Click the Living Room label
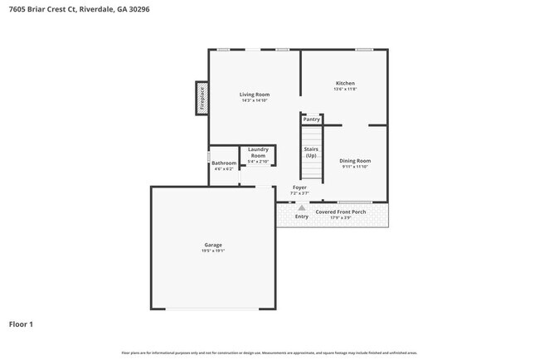click(253, 95)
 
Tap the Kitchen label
click(345, 84)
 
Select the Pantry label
click(311, 119)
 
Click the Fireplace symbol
click(202, 97)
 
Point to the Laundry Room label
click(258, 153)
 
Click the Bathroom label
click(223, 163)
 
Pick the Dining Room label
click(356, 160)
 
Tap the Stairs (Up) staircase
click(311, 153)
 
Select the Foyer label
click(299, 187)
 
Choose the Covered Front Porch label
click(341, 212)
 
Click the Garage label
click(213, 245)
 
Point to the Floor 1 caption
click(22, 324)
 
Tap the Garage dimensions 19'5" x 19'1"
click(213, 251)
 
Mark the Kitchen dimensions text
click(345, 90)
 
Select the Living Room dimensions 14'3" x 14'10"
click(253, 100)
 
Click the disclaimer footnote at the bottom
click(269, 353)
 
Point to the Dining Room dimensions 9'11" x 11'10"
click(356, 167)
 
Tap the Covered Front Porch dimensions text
click(341, 217)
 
